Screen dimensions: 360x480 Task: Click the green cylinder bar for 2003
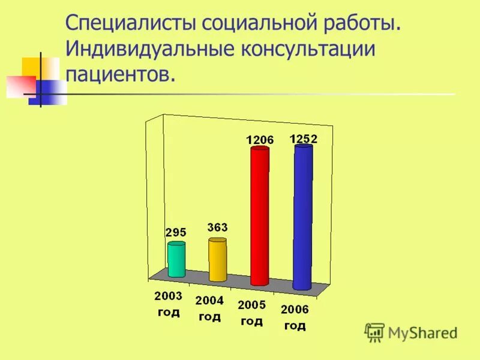176,259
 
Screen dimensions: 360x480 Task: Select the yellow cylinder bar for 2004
217,259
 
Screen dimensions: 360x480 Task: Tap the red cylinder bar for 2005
260,216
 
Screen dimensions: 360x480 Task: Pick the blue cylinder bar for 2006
303,217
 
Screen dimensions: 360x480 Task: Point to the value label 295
176,232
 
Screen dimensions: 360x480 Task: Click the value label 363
217,227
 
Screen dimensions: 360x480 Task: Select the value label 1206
259,140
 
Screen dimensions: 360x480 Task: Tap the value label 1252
303,139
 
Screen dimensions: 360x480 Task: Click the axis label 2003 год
168,304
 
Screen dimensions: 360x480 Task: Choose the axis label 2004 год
209,308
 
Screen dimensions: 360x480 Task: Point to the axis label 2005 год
251,312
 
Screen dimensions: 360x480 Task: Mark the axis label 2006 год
295,317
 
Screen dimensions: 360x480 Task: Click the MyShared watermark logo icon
375,332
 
